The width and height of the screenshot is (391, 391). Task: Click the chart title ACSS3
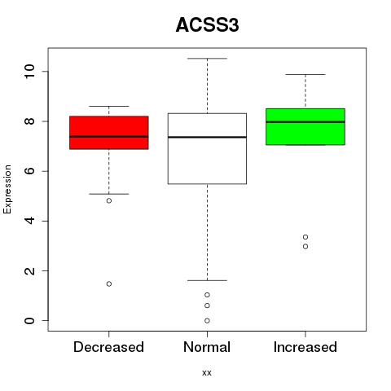pyautogui.click(x=207, y=25)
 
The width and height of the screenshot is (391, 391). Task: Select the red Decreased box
pyautogui.click(x=109, y=133)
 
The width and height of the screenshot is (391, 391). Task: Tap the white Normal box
pyautogui.click(x=207, y=148)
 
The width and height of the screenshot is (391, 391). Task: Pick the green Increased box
pyautogui.click(x=305, y=126)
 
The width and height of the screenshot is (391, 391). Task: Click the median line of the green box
pyautogui.click(x=305, y=122)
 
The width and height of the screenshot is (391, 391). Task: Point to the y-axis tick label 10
pyautogui.click(x=29, y=72)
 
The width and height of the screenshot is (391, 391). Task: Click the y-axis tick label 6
pyautogui.click(x=29, y=171)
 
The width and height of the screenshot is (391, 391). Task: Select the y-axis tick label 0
pyautogui.click(x=29, y=321)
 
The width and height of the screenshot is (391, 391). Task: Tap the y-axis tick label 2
pyautogui.click(x=29, y=270)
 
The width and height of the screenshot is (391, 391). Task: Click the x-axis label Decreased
pyautogui.click(x=108, y=347)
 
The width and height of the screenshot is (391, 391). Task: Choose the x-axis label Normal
pyautogui.click(x=207, y=347)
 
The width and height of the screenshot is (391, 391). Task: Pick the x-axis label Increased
pyautogui.click(x=305, y=347)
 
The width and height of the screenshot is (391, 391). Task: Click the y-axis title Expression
pyautogui.click(x=7, y=189)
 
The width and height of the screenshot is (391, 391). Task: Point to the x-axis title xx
pyautogui.click(x=207, y=373)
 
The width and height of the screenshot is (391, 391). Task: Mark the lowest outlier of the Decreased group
pyautogui.click(x=109, y=283)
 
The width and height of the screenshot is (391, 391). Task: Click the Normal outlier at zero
pyautogui.click(x=207, y=321)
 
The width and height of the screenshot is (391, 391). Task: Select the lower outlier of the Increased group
pyautogui.click(x=305, y=247)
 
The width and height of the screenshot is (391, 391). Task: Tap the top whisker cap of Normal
pyautogui.click(x=207, y=59)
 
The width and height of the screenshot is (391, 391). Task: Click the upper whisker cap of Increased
pyautogui.click(x=305, y=74)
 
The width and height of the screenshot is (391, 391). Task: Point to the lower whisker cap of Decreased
pyautogui.click(x=109, y=194)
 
